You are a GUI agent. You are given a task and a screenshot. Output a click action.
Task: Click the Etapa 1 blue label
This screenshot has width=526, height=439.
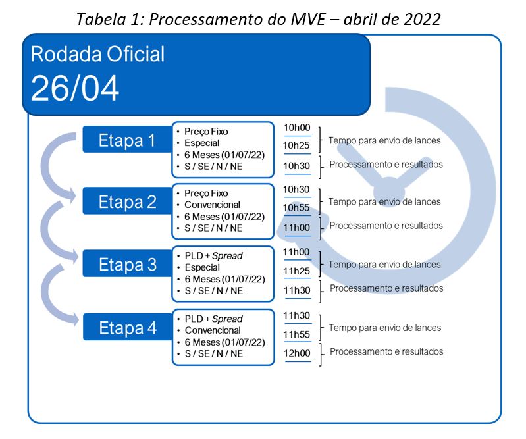pos(127,140)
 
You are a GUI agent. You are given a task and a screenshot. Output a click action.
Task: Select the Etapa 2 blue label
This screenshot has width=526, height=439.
pos(127,201)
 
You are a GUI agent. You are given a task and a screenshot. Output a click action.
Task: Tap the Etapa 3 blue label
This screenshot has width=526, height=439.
pos(127,264)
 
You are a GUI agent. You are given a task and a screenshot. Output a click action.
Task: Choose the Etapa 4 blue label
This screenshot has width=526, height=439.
pos(128,327)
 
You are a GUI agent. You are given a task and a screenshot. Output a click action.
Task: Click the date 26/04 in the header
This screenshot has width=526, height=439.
pos(75,88)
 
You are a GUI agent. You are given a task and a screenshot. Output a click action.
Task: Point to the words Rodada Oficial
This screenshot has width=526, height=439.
pos(97,54)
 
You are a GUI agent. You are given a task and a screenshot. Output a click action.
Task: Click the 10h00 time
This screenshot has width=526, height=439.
pos(297,128)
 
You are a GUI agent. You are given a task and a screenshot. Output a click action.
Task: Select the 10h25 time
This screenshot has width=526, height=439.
pos(296,145)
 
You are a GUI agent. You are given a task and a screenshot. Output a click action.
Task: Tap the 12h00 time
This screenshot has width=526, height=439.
pos(297,353)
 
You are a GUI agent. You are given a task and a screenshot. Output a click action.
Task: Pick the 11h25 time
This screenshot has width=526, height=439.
pos(296,271)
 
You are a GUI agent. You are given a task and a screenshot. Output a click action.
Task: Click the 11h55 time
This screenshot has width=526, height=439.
pos(296,334)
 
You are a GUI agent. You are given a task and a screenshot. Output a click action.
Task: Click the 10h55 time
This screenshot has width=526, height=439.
pos(296,207)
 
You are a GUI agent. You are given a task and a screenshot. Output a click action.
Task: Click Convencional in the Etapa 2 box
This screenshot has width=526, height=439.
pos(213,205)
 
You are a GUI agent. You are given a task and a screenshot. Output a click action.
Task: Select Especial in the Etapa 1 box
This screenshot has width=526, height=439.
pos(201,143)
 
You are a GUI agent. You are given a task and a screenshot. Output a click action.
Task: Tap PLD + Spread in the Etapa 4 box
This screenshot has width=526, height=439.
pos(214,319)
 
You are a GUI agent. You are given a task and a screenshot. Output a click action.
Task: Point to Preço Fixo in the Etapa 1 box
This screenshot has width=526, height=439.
pos(206,132)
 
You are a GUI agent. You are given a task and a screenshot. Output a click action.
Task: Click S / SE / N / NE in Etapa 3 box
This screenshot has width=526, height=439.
pos(214,291)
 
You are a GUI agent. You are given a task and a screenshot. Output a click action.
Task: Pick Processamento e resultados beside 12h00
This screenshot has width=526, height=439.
pos(386,351)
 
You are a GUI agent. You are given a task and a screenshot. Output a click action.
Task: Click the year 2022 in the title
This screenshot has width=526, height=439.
pos(422,19)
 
